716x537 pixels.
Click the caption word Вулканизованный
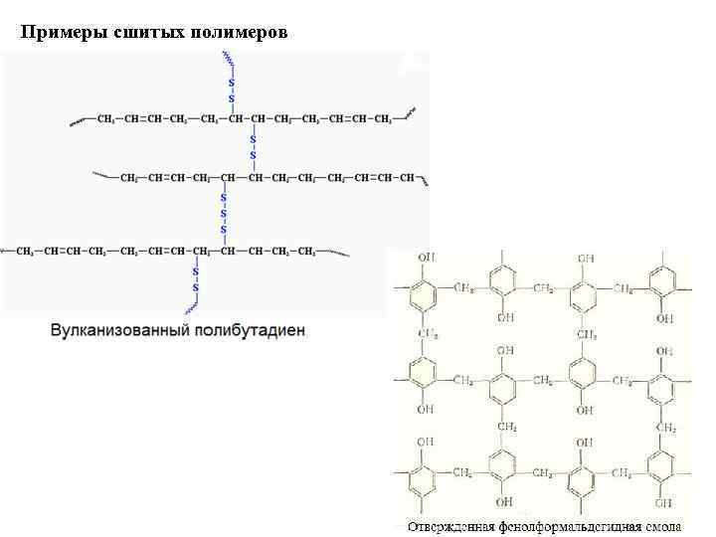click(x=120, y=329)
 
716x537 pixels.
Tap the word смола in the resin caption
click(x=660, y=523)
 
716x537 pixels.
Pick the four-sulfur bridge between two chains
click(x=224, y=214)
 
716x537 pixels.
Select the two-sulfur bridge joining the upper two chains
click(x=253, y=147)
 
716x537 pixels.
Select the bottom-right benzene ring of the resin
click(x=660, y=468)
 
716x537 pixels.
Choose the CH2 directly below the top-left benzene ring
click(x=426, y=332)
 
